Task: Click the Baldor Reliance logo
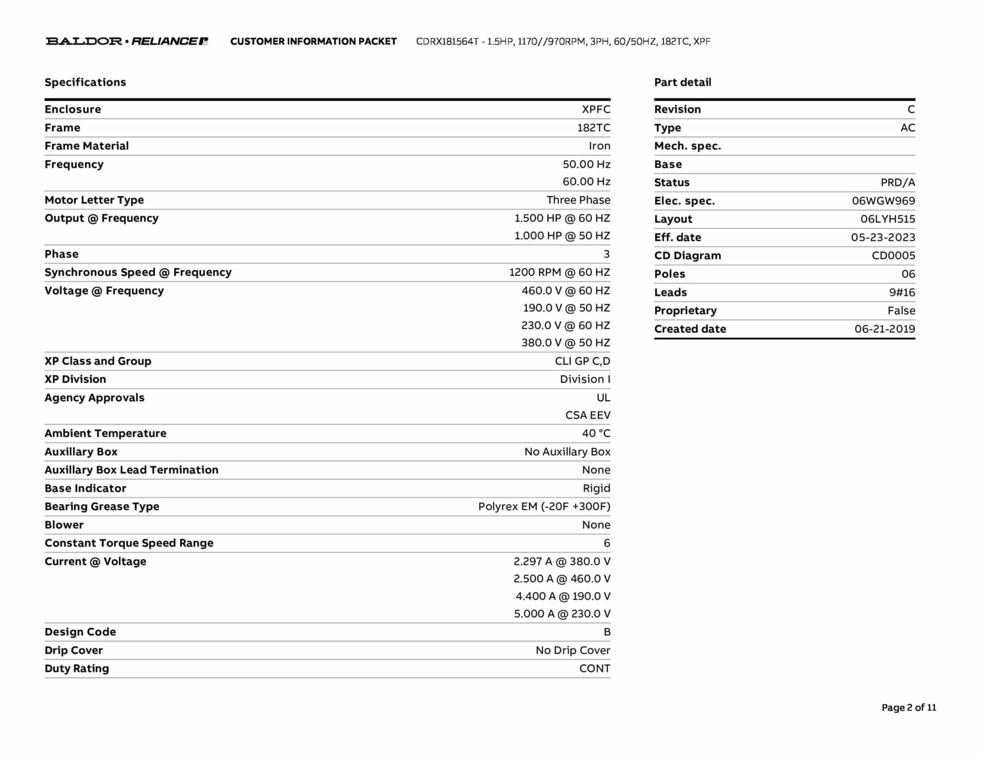(126, 41)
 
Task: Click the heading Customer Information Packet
(313, 41)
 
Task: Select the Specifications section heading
(85, 82)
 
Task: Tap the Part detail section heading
(683, 82)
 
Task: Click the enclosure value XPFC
(596, 109)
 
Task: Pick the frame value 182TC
(593, 127)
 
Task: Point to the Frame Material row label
(87, 146)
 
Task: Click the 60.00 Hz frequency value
(586, 182)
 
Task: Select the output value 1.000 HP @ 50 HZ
(562, 236)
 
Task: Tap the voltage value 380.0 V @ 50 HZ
(566, 343)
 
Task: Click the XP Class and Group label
(98, 361)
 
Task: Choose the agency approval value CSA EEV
(588, 415)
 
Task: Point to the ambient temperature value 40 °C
(596, 433)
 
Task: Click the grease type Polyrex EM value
(544, 506)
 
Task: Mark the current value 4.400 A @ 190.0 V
(563, 596)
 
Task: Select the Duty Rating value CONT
(594, 668)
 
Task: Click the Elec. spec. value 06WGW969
(883, 201)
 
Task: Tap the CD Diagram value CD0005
(893, 255)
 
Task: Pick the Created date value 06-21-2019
(885, 329)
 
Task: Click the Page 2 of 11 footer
(909, 708)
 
